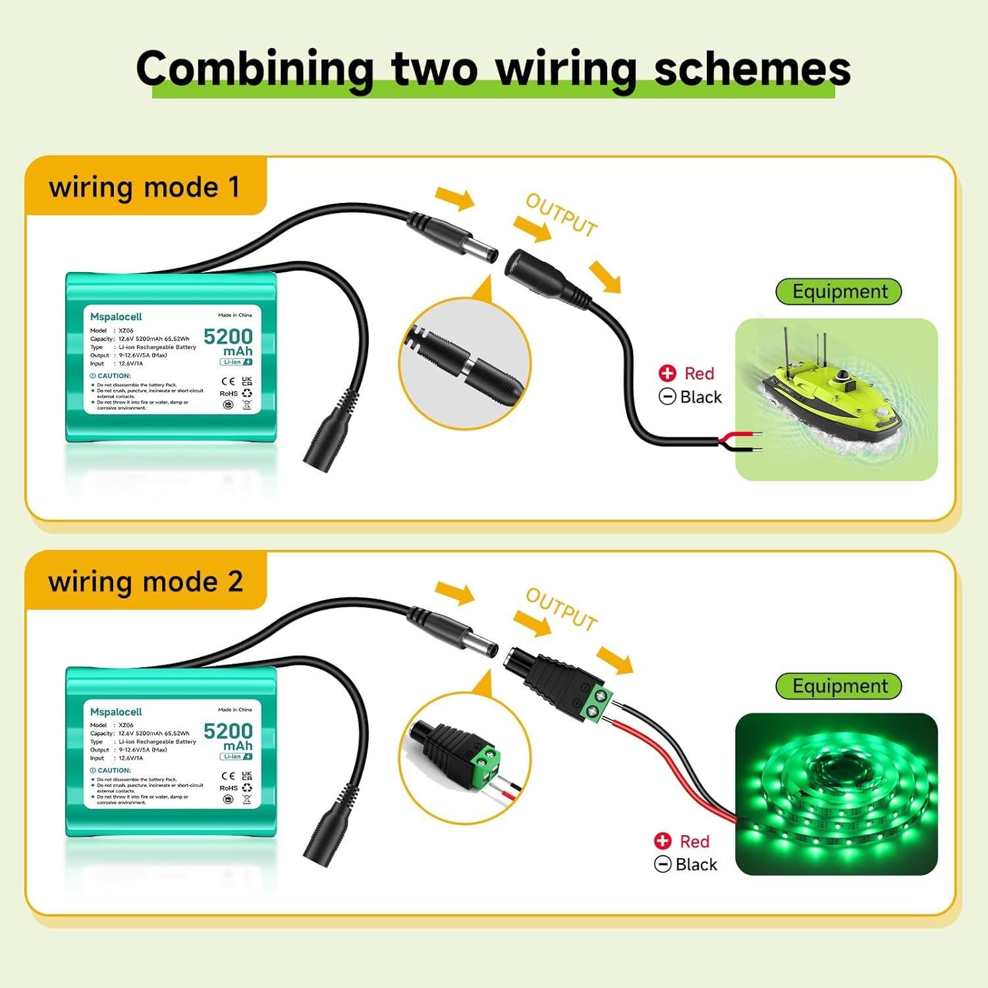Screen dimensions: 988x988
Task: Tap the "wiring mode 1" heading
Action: (144, 187)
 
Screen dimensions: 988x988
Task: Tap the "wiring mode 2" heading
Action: (146, 582)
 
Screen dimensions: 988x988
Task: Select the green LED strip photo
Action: (836, 794)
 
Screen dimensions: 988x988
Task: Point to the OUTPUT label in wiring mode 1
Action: (561, 215)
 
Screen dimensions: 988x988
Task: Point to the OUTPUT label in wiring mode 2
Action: (561, 609)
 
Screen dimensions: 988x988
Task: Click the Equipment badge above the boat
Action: (839, 291)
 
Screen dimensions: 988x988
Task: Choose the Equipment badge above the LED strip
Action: (839, 686)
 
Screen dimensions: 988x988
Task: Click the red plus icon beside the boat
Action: (667, 373)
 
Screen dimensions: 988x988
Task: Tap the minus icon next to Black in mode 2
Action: (663, 864)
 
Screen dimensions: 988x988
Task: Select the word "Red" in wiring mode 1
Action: (699, 373)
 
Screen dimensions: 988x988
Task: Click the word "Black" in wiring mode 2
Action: (696, 864)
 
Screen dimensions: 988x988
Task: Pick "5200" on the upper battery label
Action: (228, 337)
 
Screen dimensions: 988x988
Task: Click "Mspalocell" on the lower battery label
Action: (116, 711)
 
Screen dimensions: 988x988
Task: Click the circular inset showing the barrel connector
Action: (466, 364)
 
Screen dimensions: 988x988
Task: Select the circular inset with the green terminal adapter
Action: (466, 759)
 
